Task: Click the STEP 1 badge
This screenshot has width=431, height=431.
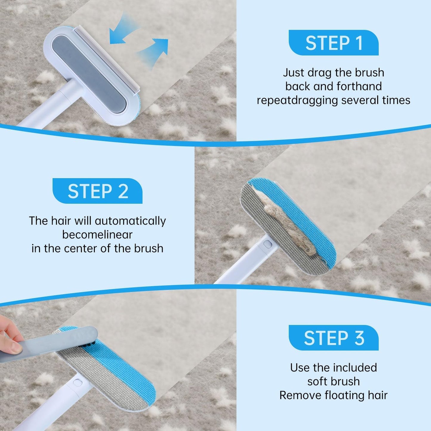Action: pos(333,43)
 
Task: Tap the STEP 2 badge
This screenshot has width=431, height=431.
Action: pos(98,191)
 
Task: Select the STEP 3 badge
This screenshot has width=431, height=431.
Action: pos(333,338)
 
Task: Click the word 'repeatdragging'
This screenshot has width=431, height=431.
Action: pos(297,100)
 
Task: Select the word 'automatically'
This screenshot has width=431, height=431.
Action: pos(130,221)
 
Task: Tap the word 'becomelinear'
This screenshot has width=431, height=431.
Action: pos(97,235)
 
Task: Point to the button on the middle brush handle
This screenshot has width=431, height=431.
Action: pos(268,244)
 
